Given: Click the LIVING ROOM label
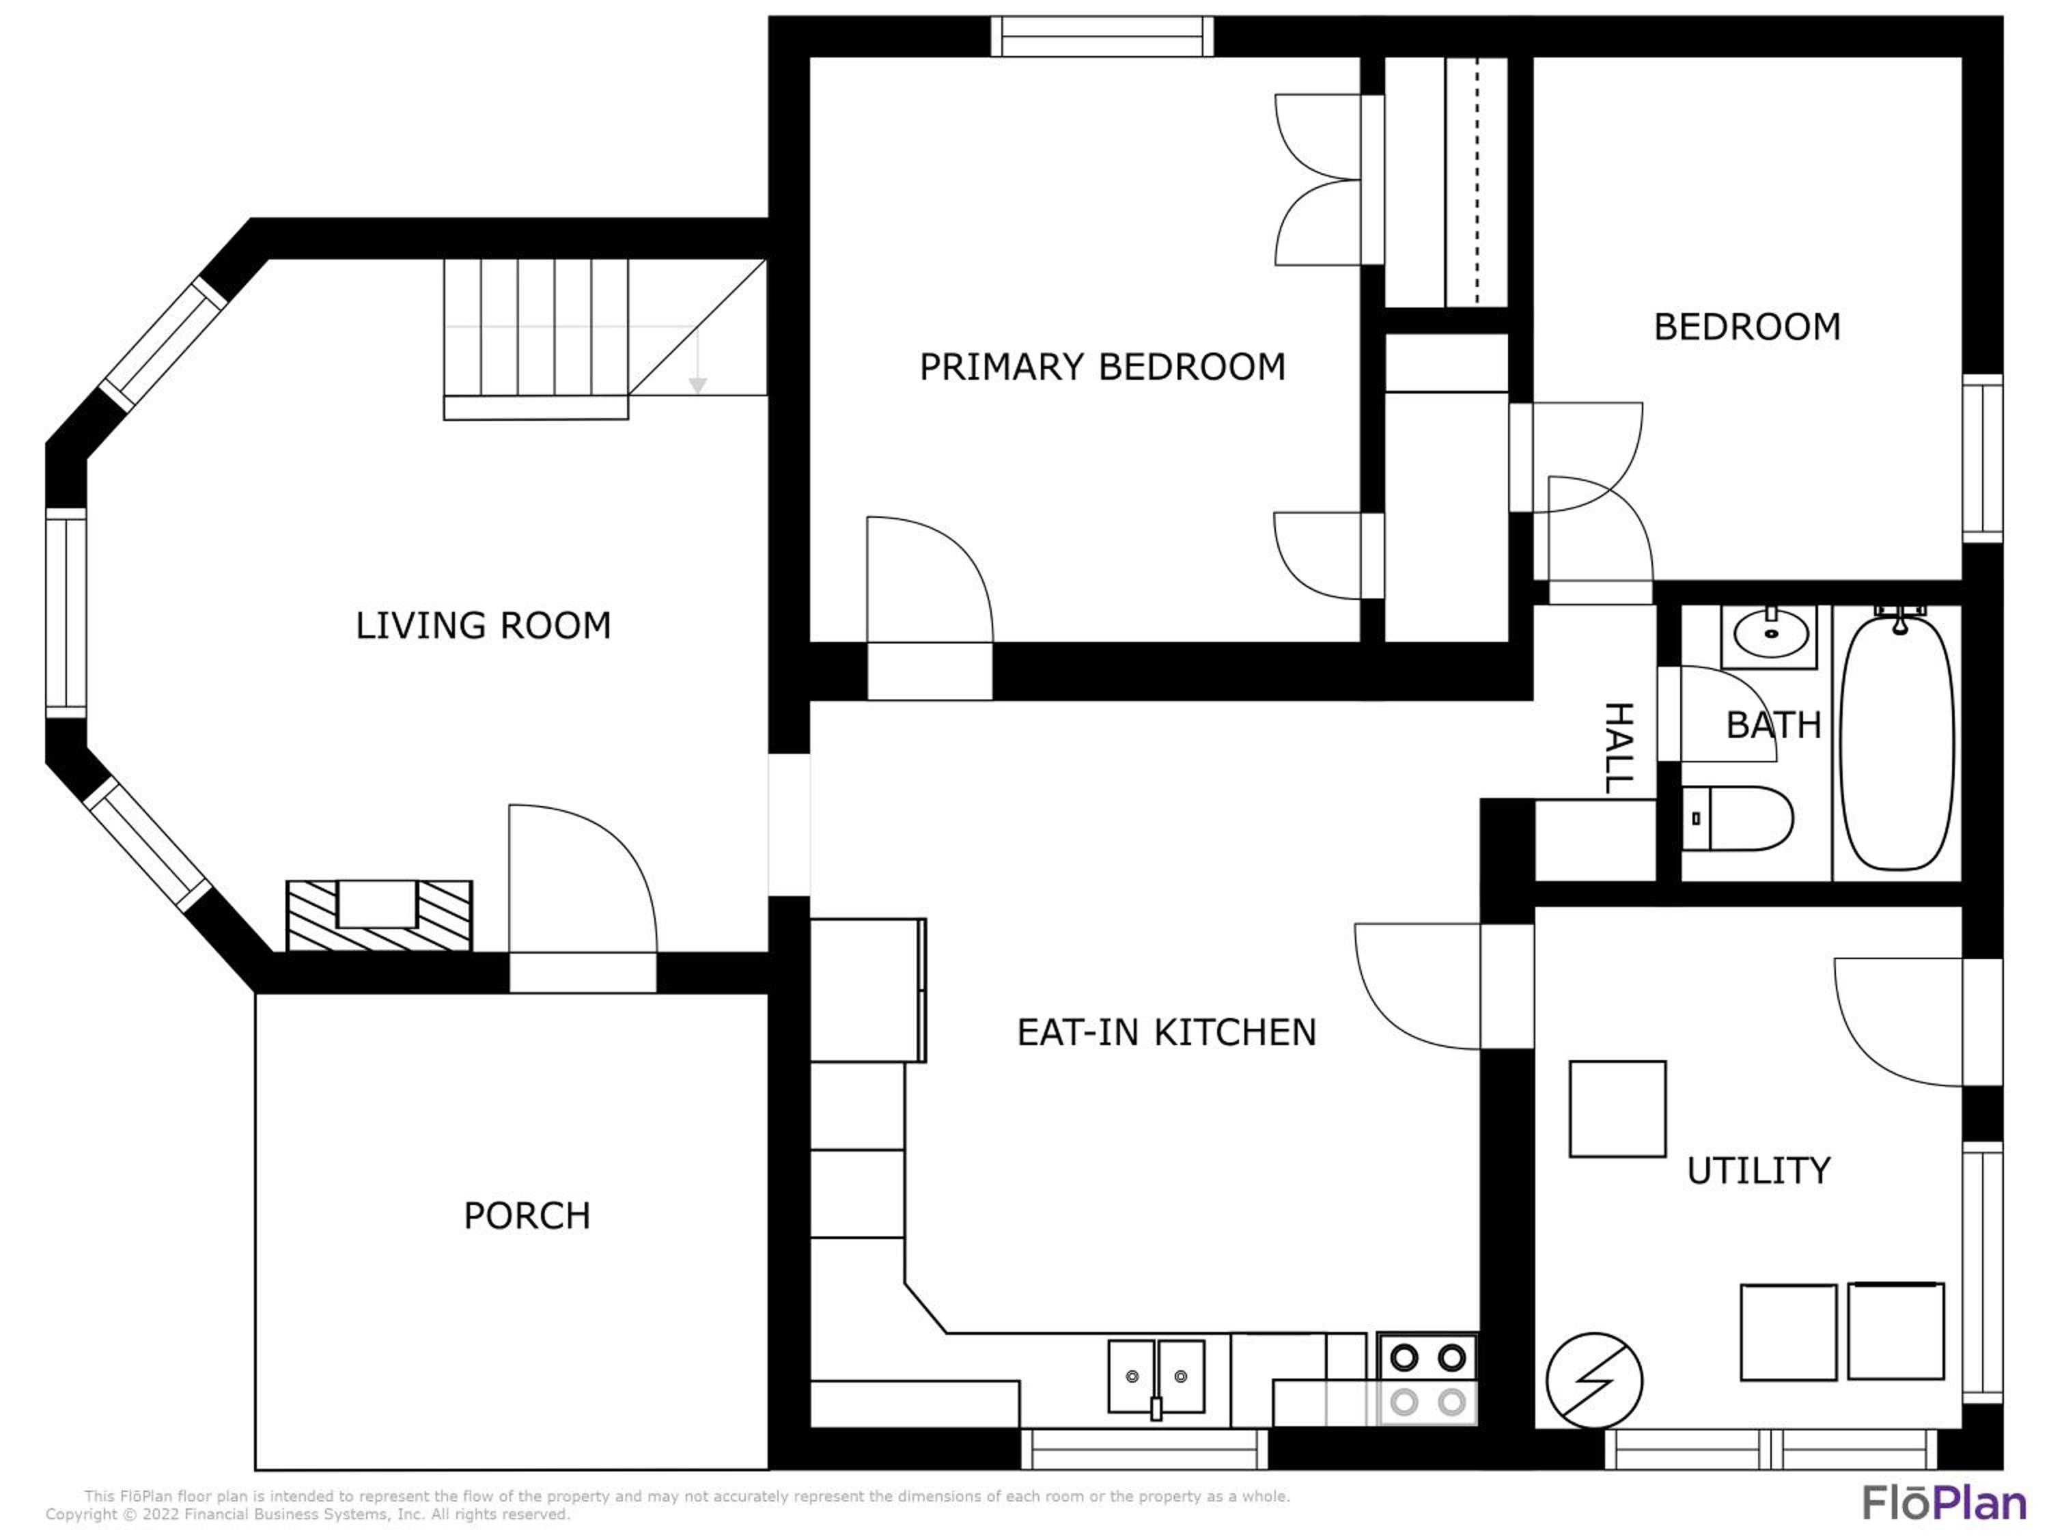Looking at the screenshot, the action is pos(484,625).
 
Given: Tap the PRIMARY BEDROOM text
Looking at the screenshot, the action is pos(1102,367).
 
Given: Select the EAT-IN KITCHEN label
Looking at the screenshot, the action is pos(1167,1032).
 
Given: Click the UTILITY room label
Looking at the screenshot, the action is pos(1758,1171).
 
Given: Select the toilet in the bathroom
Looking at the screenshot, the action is pos(1737,819).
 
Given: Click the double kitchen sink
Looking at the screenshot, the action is pos(1156,1376).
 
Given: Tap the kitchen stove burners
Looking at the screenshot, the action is pos(1427,1379).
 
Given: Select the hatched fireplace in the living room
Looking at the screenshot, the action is pos(379,915).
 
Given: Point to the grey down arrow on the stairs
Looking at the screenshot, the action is pos(697,361).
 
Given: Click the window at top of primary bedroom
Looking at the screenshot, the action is pos(1102,36).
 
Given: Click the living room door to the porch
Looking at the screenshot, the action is pos(583,879).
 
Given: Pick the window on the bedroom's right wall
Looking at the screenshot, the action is pos(1982,458).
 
